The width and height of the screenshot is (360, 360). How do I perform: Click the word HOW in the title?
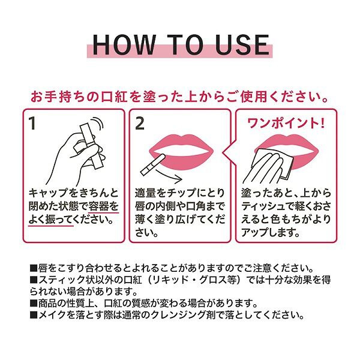[x=124, y=44]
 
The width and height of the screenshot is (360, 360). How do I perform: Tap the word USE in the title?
[x=242, y=44]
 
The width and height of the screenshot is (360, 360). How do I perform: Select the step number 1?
[x=32, y=124]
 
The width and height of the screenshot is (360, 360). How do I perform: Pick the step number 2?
[x=140, y=124]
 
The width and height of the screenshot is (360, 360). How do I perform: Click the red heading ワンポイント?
[x=286, y=123]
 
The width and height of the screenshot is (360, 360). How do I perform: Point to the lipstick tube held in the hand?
[x=89, y=146]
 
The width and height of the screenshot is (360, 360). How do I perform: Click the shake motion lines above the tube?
[x=99, y=126]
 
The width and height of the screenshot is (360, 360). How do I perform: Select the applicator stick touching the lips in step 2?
[x=152, y=164]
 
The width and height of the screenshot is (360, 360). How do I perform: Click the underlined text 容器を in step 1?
[x=103, y=206]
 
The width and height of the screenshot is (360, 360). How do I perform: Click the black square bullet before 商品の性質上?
[x=34, y=303]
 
